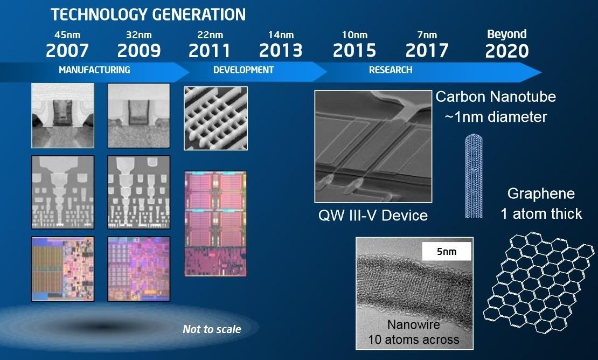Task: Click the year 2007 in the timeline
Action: coord(67,50)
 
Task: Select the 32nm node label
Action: coord(139,35)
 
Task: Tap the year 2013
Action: coord(281,50)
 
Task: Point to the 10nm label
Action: coord(354,35)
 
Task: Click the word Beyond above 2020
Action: coord(507,34)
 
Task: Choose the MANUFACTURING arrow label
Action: coord(94,70)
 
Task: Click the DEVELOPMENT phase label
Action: coord(244,70)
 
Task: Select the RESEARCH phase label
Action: coord(391,70)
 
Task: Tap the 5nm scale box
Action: coord(447,251)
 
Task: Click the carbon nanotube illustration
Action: coord(474,176)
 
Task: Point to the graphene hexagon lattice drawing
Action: coord(539,282)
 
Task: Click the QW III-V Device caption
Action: coord(373,216)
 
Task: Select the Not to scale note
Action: coord(212,329)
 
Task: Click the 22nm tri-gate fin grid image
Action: coord(216,118)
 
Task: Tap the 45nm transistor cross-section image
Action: coord(62,115)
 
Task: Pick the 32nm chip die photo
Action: coord(139,269)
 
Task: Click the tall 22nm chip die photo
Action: coord(215,224)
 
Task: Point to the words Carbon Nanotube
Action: coord(496,97)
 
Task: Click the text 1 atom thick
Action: coord(541,214)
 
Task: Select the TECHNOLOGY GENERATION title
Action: coord(148,15)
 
